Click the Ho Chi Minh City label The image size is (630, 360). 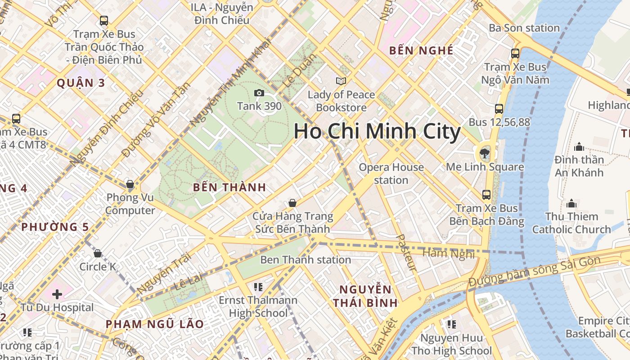click(377, 132)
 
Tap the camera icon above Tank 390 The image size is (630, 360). click(259, 93)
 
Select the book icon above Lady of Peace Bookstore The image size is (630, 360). click(341, 81)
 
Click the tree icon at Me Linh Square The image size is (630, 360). click(485, 153)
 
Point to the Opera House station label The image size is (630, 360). click(391, 174)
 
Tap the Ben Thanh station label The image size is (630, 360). click(306, 260)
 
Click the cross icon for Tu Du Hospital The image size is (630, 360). click(57, 294)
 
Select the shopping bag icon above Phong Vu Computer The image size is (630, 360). click(130, 184)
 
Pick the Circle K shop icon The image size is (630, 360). click(98, 253)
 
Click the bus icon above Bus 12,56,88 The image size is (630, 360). click(499, 109)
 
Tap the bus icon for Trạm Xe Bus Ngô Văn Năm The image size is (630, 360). click(515, 54)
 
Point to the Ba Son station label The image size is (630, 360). click(524, 28)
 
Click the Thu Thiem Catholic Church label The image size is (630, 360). click(571, 223)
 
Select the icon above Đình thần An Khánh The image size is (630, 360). click(579, 147)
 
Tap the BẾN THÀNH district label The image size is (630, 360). click(229, 187)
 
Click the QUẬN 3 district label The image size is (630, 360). click(81, 83)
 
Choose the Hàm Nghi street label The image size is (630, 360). click(449, 254)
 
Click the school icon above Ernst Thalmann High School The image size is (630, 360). click(258, 287)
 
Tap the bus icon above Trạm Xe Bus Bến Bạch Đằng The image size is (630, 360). click(486, 195)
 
